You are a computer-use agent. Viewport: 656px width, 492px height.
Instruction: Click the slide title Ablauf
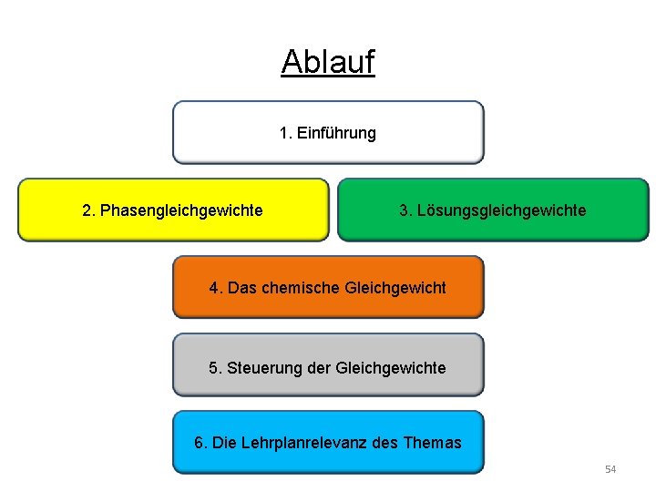pyautogui.click(x=328, y=62)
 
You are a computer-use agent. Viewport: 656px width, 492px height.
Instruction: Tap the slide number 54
pyautogui.click(x=610, y=469)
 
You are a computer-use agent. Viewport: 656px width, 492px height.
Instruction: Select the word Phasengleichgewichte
pyautogui.click(x=181, y=211)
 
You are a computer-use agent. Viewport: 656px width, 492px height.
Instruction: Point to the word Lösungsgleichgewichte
pyautogui.click(x=502, y=211)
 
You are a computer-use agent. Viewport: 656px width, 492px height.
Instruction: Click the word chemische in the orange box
pyautogui.click(x=302, y=288)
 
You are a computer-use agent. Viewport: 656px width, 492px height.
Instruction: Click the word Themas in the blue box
pyautogui.click(x=432, y=444)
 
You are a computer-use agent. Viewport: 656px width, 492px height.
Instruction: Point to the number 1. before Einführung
pyautogui.click(x=285, y=133)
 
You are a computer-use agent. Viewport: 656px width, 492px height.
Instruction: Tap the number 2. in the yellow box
pyautogui.click(x=88, y=211)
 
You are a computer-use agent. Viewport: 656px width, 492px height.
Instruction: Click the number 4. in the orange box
pyautogui.click(x=215, y=288)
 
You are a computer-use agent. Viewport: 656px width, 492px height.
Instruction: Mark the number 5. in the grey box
pyautogui.click(x=215, y=368)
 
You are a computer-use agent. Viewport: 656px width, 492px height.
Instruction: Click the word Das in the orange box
pyautogui.click(x=242, y=288)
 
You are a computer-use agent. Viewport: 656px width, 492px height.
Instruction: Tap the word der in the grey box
pyautogui.click(x=318, y=368)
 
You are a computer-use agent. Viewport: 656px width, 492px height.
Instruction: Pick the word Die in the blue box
pyautogui.click(x=225, y=444)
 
